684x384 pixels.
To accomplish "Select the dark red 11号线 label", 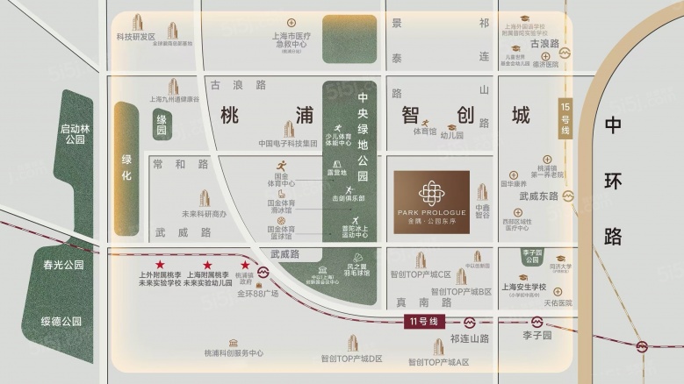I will [x=428, y=322].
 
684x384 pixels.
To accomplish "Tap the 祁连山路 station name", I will [x=468, y=338].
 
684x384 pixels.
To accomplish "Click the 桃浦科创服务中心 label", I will [x=234, y=353].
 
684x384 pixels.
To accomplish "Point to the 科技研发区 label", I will [x=135, y=37].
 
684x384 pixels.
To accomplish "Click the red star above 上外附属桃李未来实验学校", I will [x=160, y=265].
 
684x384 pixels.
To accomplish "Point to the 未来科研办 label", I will [x=204, y=214].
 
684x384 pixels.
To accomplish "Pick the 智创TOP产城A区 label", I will [x=438, y=362].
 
